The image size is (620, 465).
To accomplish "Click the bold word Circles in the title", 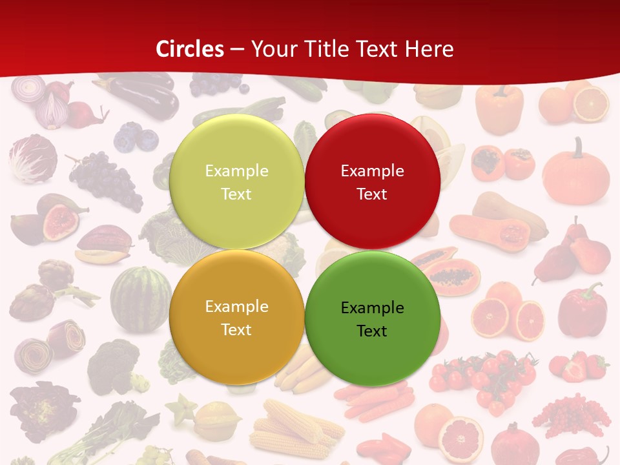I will [x=190, y=49].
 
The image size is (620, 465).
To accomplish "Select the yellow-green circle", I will [x=236, y=182].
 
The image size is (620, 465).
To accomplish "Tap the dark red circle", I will [x=372, y=182].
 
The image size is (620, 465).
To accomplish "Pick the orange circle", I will [x=236, y=318].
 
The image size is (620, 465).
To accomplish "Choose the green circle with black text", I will [x=372, y=319].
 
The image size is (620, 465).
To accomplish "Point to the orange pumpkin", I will [x=575, y=172].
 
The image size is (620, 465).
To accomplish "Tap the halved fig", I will [x=59, y=222].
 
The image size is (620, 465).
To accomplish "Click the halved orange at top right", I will [x=591, y=104].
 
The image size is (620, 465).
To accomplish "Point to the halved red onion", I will [x=52, y=111].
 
